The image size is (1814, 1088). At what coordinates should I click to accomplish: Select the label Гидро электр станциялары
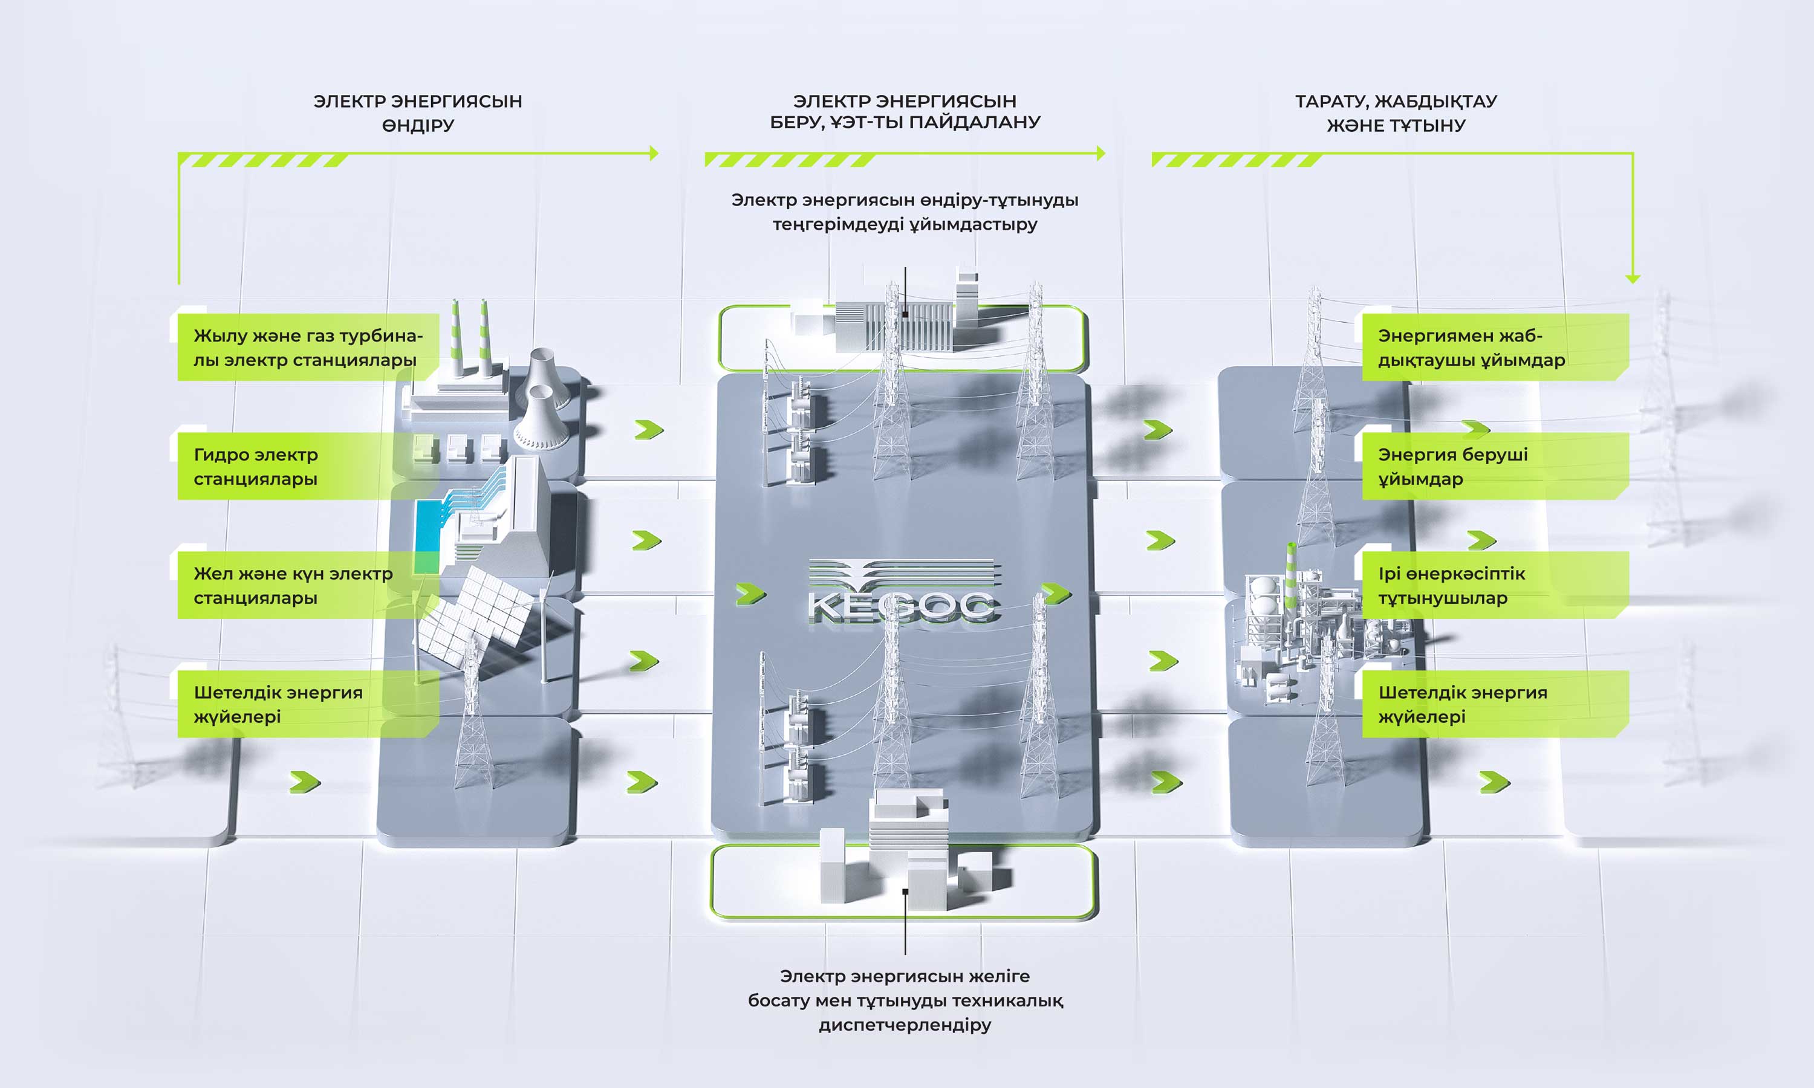(256, 466)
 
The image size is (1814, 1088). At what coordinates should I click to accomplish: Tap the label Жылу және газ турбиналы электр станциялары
(308, 348)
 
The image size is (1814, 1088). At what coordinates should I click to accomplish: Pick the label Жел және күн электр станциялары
(293, 585)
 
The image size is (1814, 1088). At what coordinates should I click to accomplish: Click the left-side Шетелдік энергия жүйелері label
(278, 704)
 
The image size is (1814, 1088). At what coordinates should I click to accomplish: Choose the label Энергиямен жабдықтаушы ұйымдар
(1472, 348)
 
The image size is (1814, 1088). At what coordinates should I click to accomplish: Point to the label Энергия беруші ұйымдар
(1453, 466)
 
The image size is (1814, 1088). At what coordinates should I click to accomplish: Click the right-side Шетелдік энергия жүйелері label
(1463, 704)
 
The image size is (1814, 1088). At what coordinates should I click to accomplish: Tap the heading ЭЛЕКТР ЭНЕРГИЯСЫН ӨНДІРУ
(418, 113)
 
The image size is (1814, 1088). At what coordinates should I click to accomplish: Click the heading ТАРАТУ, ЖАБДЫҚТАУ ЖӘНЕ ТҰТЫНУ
(1396, 113)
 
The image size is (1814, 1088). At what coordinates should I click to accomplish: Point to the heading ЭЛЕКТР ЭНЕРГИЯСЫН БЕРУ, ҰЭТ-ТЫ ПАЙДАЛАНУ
(905, 111)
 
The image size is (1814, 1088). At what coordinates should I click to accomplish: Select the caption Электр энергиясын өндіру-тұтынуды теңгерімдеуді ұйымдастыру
(905, 212)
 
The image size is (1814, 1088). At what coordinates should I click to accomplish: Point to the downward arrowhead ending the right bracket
(1632, 279)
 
